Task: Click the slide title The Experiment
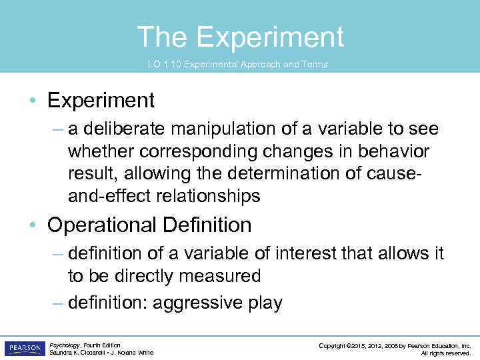click(x=240, y=37)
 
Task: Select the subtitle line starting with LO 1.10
click(x=237, y=65)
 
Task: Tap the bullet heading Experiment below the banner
click(x=101, y=101)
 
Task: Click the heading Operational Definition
click(x=149, y=225)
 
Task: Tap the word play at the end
click(x=265, y=303)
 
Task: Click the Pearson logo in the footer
click(x=24, y=348)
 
